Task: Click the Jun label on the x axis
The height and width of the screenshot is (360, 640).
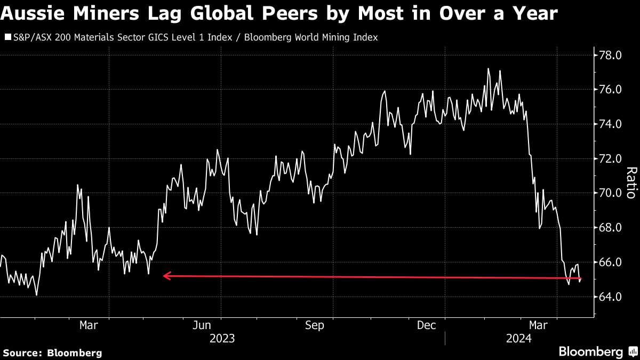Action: click(x=202, y=325)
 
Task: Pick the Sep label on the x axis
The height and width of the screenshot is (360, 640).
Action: click(x=314, y=325)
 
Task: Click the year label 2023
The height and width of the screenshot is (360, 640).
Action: click(x=223, y=338)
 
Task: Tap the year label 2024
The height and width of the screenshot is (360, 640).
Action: click(x=517, y=338)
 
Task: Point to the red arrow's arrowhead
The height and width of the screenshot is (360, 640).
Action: click(x=166, y=276)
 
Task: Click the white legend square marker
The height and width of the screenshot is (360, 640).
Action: click(x=8, y=38)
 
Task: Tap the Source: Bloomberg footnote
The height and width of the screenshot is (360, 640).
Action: click(x=52, y=353)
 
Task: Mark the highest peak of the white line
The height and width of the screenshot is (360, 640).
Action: click(x=488, y=68)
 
